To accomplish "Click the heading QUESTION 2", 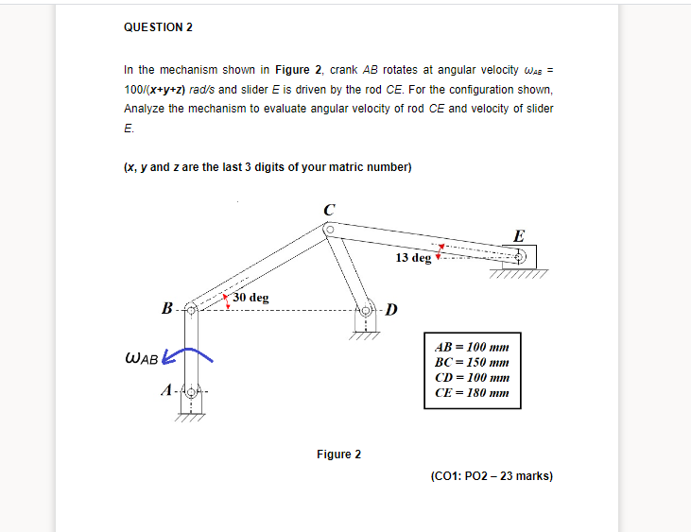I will pos(158,27).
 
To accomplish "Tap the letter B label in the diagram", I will pos(167,308).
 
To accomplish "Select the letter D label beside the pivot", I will pos(392,309).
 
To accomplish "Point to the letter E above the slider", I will pos(519,235).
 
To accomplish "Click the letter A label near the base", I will pos(167,389).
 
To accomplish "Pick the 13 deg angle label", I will pos(413,257).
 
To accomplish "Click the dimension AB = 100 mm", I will pos(472,346).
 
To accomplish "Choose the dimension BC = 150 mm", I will pos(472,361).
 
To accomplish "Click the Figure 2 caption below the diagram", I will pos(338,455).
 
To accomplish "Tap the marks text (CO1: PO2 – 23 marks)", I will pos(491,476).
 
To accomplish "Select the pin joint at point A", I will pos(191,390).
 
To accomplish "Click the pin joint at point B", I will pos(191,309).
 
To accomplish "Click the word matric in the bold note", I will pos(342,167).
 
